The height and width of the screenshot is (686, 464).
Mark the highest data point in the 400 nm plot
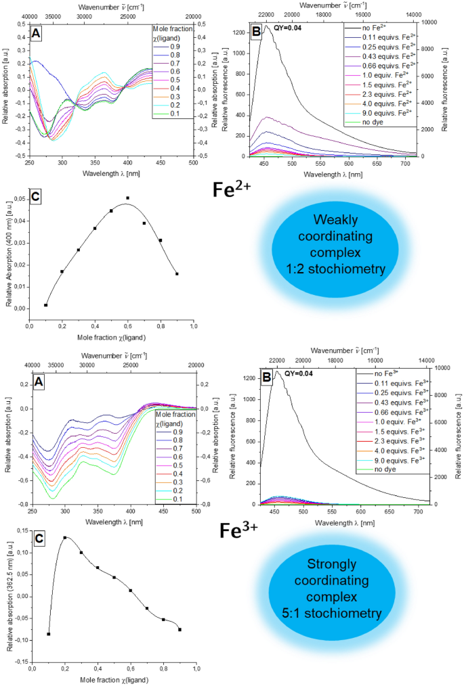coord(127,198)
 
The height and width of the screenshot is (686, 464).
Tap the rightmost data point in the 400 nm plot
coord(177,274)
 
